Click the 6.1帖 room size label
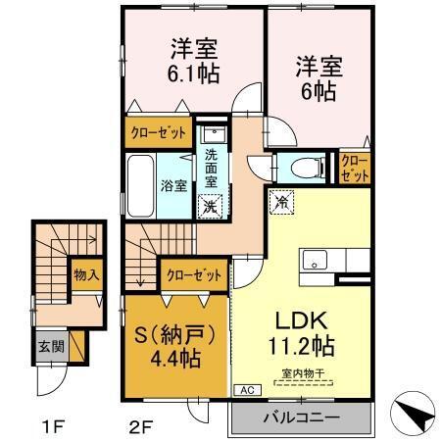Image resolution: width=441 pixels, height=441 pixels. (193, 73)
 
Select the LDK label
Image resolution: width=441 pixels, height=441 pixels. (299, 321)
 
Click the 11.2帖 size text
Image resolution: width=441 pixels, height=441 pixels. (299, 348)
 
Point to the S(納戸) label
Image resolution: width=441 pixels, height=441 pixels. (176, 333)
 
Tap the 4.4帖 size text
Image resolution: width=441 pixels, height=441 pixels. (176, 358)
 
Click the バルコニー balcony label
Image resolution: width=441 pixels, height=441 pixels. (301, 418)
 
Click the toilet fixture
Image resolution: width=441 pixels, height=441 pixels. (301, 166)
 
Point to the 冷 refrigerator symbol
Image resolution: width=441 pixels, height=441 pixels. (280, 203)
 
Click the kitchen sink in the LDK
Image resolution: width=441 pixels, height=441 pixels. (316, 260)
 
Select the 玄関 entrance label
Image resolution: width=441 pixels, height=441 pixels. (47, 347)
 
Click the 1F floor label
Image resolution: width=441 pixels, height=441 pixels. (50, 425)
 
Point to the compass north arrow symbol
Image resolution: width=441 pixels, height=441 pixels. (414, 415)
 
